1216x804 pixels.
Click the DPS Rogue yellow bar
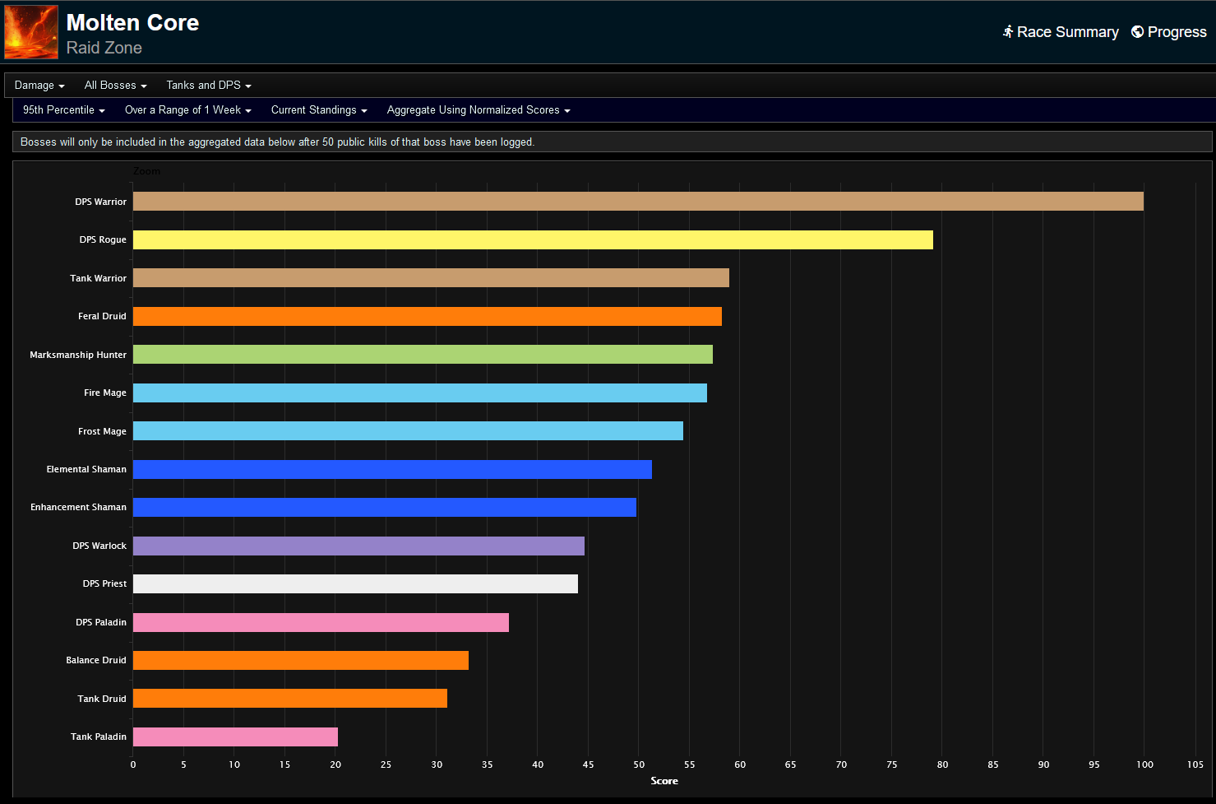coord(533,239)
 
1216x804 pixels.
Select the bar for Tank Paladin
coord(235,737)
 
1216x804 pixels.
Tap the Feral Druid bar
coord(428,316)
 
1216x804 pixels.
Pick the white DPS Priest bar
coord(355,583)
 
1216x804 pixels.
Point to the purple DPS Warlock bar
coord(358,546)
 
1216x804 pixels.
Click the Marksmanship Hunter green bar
coord(423,354)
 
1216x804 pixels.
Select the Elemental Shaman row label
coord(86,469)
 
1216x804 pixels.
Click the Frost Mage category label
coord(102,431)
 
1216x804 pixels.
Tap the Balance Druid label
coord(96,660)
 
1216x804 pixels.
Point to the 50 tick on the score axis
coord(639,764)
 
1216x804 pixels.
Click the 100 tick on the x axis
coord(1144,764)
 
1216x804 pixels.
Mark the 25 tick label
coord(386,764)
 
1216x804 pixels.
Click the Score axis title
coord(664,781)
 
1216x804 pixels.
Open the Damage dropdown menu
coord(39,86)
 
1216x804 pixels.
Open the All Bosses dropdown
coord(115,86)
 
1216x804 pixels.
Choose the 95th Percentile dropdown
coord(63,110)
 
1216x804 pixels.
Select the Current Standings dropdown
coord(319,110)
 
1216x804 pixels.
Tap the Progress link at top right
coord(1169,32)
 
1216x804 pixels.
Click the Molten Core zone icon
coord(31,32)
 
